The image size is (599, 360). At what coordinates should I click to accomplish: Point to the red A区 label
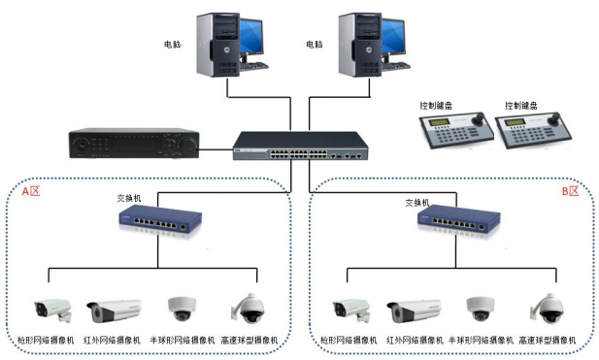pos(31,192)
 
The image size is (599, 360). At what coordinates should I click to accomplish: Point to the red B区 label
pos(570,192)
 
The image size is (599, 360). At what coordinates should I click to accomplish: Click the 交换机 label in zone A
pos(130,198)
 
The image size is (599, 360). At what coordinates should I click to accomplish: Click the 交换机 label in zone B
pos(416,203)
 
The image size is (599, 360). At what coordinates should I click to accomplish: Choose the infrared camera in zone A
pos(115,311)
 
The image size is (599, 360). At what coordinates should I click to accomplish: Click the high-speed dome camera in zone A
pos(248,307)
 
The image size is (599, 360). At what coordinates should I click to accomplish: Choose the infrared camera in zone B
pos(413,311)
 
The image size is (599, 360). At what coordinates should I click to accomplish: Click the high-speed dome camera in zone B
pos(546,307)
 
